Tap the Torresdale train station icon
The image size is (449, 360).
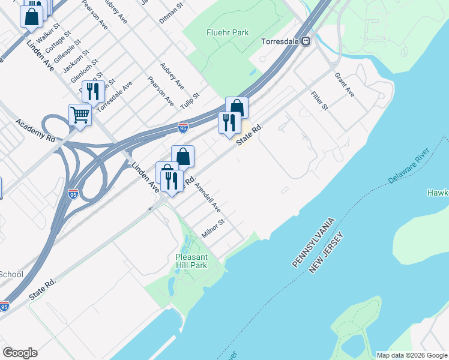click(x=306, y=41)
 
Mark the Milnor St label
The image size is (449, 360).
click(x=213, y=229)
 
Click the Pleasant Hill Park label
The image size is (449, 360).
click(x=191, y=261)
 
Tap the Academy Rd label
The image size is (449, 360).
click(x=35, y=130)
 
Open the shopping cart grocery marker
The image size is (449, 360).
click(x=80, y=115)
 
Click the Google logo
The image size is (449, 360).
click(x=20, y=353)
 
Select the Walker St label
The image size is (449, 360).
click(x=49, y=34)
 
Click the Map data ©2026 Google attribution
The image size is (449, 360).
click(x=412, y=355)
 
